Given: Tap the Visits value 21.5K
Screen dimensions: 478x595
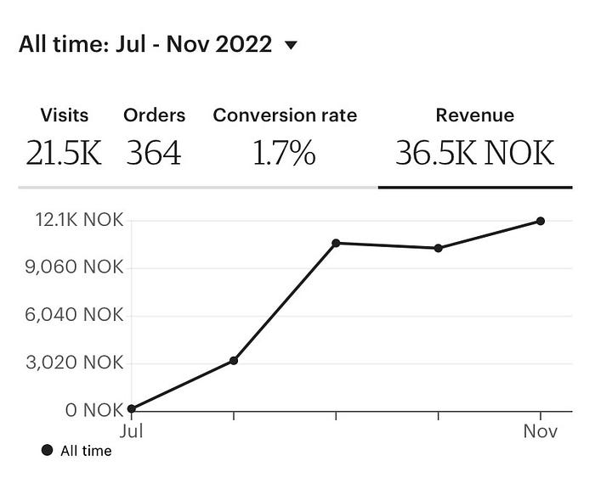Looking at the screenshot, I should pos(65,153).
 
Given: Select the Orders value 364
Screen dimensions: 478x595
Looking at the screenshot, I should pos(154,153).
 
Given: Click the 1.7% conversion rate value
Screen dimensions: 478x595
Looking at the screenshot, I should pos(285,153).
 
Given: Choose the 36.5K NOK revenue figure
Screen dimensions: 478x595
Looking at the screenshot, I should pos(474,153).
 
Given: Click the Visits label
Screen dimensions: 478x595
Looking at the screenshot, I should pos(65,115).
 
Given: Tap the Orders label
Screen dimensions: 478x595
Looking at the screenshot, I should pos(154,115).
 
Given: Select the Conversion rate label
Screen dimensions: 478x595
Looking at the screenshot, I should pos(285,115).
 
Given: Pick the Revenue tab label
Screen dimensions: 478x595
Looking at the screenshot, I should pos(474,115).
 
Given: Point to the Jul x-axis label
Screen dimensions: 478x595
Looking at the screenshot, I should pos(132,431).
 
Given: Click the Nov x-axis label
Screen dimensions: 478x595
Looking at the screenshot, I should pos(540,431).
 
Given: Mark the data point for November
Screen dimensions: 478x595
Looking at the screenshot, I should pos(541,221).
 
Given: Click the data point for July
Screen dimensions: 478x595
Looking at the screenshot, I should pos(132,408).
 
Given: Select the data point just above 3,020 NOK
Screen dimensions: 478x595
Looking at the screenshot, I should pos(234,360).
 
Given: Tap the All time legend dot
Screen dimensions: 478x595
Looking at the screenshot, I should pos(47,451).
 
